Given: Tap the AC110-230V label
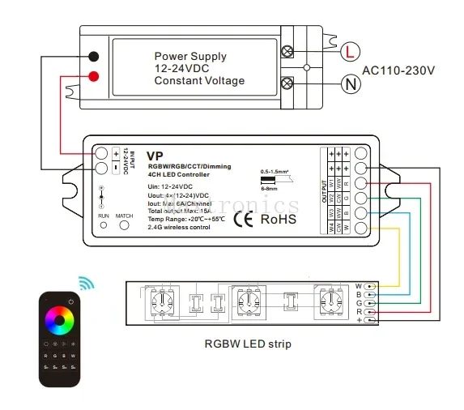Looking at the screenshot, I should point(399,69).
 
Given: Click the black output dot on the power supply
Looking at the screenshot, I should point(94,58).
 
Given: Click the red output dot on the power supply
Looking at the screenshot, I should point(94,76).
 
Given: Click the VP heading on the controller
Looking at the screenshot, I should point(155,154).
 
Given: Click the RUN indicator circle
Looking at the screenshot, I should point(103,226).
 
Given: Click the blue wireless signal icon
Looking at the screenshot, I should point(85,283).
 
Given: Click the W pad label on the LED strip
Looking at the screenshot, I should point(358,286).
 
